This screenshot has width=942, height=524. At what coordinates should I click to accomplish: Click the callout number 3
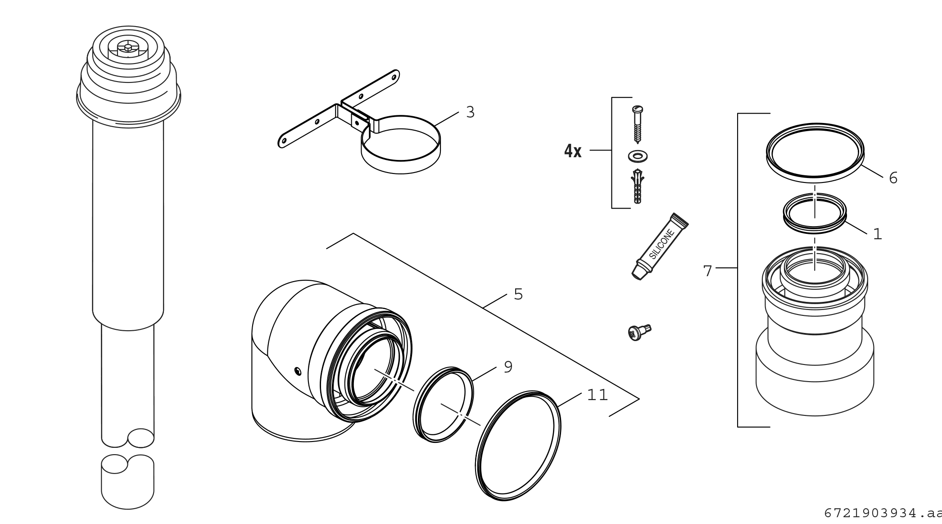point(471,112)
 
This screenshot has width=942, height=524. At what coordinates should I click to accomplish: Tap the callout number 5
point(518,294)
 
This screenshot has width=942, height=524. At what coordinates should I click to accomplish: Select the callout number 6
point(893,178)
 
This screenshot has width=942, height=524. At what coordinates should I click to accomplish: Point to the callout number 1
point(878,234)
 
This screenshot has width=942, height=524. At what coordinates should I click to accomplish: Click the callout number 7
point(707,271)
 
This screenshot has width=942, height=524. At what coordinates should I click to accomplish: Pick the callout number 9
point(508,367)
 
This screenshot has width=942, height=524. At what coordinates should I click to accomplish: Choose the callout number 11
point(598,395)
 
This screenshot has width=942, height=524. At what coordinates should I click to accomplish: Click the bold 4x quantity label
point(573,151)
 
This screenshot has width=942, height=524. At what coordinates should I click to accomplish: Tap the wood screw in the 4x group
point(638,124)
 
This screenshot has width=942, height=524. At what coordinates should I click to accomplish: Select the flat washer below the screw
point(638,156)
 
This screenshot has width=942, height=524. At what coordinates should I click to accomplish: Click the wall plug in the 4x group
point(638,186)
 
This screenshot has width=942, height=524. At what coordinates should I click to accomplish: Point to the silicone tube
point(660,246)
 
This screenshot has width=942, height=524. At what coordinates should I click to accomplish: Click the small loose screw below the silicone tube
point(639,332)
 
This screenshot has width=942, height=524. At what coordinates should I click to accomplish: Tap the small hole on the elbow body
point(297,371)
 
